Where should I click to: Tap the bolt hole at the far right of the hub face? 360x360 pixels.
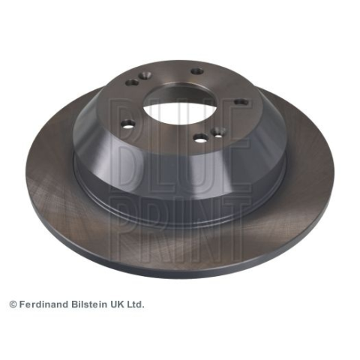coord(241,102)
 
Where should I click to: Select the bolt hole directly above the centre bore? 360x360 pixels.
coord(197,71)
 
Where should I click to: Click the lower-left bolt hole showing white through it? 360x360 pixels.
coord(127,124)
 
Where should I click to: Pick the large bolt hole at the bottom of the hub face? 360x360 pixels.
coord(202,138)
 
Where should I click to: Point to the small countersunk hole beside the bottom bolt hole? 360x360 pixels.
coord(218,131)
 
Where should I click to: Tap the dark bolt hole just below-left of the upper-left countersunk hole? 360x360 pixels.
coord(133,82)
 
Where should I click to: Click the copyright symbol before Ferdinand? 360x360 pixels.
coord(13,304)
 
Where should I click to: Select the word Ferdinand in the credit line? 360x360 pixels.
coord(43,304)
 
